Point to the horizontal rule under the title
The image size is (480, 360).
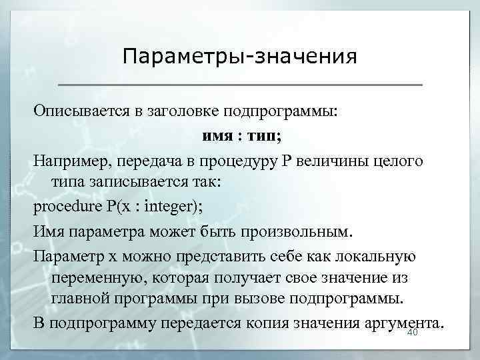point(240,85)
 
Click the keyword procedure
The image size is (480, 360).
point(67,205)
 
